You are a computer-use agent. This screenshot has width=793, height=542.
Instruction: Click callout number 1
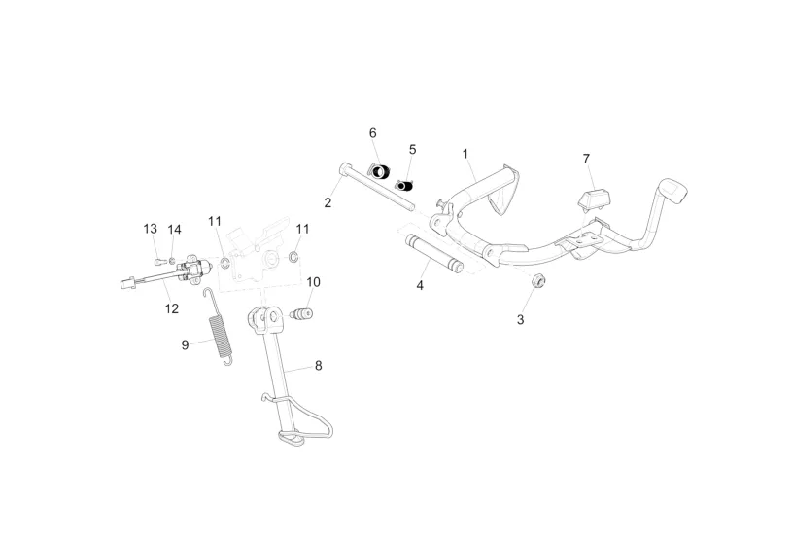[x=465, y=154]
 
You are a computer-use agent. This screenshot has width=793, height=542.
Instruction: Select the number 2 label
[x=328, y=202]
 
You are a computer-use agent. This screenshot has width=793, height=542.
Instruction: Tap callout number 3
[x=520, y=319]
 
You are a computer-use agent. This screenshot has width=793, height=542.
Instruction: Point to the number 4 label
[x=420, y=286]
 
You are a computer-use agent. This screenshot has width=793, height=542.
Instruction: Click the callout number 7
[x=586, y=158]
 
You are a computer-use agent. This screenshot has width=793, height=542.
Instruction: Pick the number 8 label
[x=318, y=367]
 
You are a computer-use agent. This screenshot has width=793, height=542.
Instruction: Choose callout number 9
[x=185, y=344]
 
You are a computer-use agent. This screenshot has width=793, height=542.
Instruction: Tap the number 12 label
[x=172, y=308]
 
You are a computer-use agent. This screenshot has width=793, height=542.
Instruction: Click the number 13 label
[x=151, y=229]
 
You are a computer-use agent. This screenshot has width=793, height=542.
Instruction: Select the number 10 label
[x=313, y=282]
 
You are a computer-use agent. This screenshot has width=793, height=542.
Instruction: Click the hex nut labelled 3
[x=540, y=282]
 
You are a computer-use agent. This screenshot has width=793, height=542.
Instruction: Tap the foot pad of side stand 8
[x=291, y=442]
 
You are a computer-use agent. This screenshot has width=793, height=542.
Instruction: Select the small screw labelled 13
[x=158, y=261]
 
